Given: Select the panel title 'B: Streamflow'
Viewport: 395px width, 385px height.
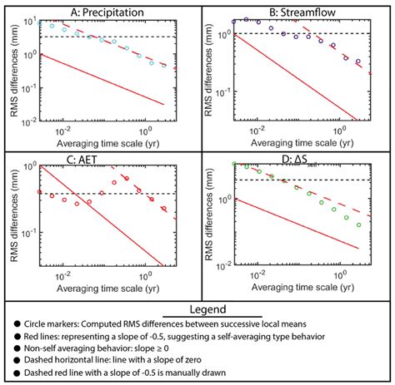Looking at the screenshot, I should (x=290, y=11).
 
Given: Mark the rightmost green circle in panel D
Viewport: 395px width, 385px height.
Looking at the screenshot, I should (x=359, y=225).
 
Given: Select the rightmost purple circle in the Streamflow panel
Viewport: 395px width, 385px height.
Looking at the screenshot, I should (x=359, y=62).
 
